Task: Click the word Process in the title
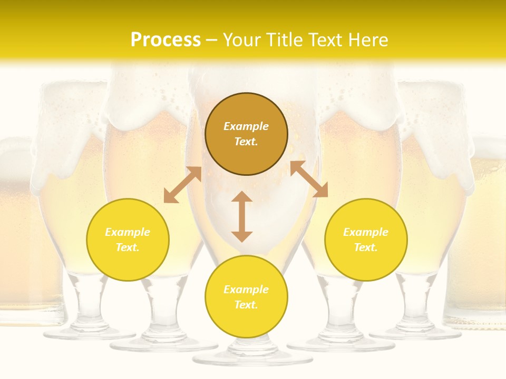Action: [166, 40]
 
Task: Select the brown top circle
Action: [246, 134]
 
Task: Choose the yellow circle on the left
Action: [128, 240]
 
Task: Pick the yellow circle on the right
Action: [366, 240]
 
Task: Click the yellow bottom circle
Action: [246, 297]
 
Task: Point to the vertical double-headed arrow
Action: [242, 216]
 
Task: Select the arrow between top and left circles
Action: [183, 185]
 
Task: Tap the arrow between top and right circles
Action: [309, 179]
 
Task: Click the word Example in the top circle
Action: [246, 126]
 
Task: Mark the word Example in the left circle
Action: [128, 232]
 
